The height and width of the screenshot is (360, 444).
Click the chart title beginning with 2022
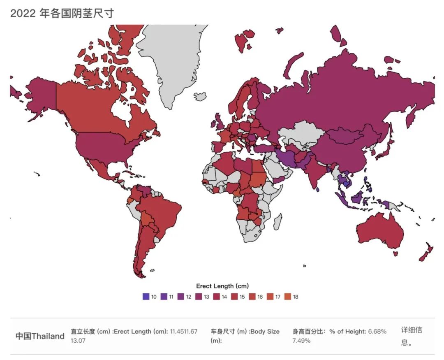pos(62,13)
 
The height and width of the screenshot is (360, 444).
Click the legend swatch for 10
pos(145,297)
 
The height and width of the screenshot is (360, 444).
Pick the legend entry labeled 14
pos(220,297)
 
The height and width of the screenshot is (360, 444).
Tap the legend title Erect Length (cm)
pos(222,286)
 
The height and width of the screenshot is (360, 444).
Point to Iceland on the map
pos(200,96)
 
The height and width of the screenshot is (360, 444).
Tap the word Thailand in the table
pos(48,336)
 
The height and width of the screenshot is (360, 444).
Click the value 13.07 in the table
pos(78,341)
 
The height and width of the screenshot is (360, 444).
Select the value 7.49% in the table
pos(301,341)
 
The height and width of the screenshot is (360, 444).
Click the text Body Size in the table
pos(265,332)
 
